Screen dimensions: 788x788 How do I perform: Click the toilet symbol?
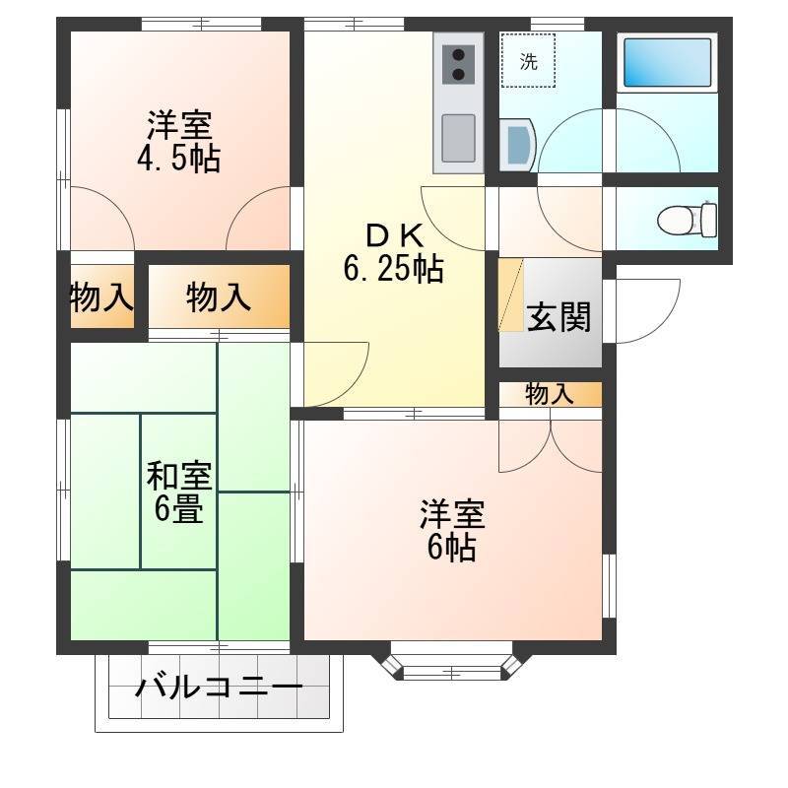coord(687,219)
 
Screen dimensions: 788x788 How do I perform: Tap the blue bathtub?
coord(668,63)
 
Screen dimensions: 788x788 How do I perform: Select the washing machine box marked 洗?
coord(528,61)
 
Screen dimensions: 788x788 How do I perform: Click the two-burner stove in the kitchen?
coord(458,64)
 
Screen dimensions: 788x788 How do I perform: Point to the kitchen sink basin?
coord(458,138)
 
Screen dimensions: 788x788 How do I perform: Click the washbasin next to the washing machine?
coord(518,146)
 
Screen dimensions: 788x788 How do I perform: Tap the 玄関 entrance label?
coord(558,317)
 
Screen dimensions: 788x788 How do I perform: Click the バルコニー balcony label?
coord(219,687)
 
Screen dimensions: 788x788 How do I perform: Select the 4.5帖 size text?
coord(178,159)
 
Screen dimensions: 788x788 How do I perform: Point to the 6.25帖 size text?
coord(393,268)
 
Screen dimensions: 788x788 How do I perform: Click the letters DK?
coord(394,236)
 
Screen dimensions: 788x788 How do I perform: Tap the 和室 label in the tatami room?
coord(179,476)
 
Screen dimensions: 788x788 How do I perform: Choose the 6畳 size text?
coord(179,509)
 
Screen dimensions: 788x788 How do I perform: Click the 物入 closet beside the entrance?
coord(551,394)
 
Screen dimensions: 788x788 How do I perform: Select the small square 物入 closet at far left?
coord(102,296)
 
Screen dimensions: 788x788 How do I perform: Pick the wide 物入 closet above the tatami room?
coord(219,296)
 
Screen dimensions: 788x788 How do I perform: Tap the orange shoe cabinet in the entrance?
coord(511,295)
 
